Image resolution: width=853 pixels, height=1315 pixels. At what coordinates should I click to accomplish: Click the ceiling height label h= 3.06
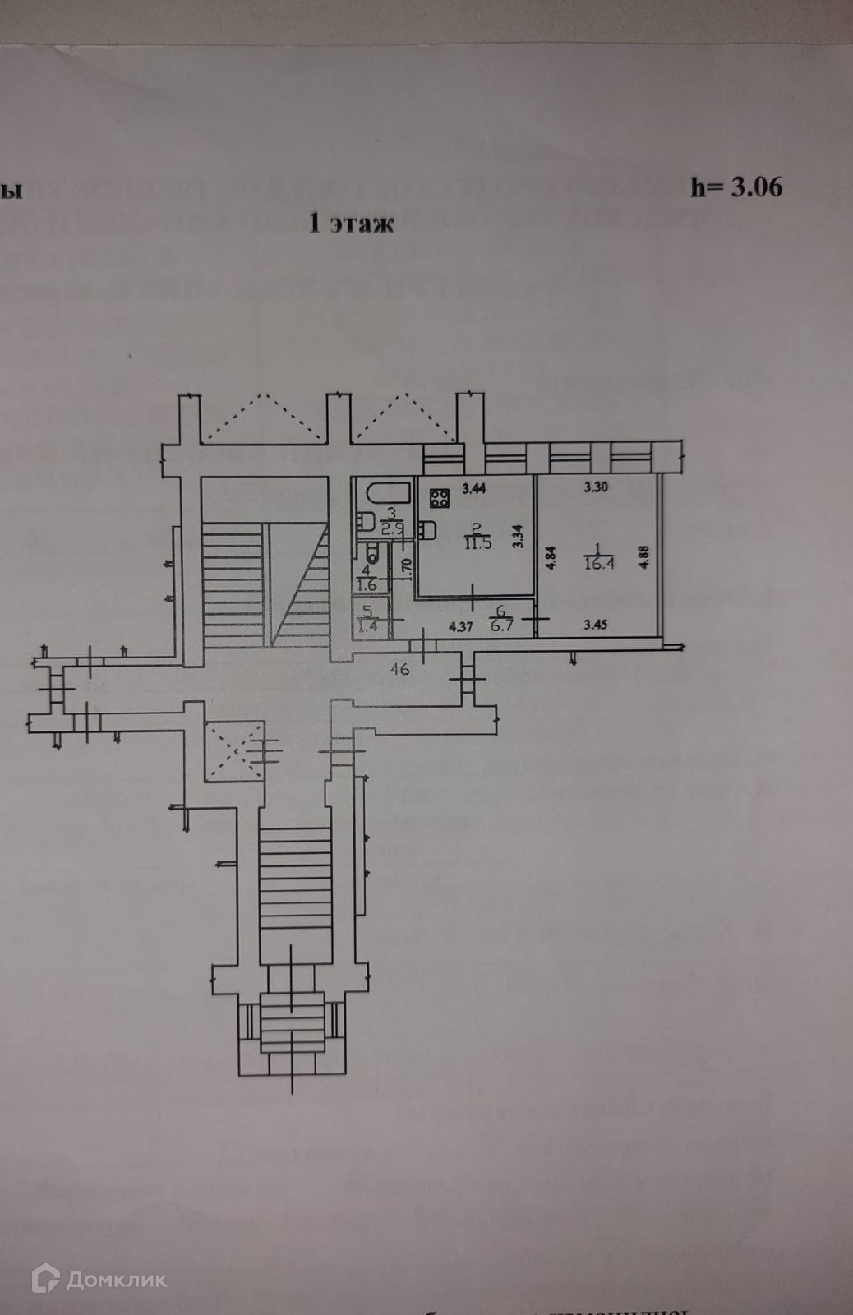coord(736,187)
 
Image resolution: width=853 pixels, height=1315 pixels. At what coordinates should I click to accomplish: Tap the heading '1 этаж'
coord(351,223)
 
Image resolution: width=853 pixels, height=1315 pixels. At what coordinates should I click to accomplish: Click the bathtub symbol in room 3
coord(387,495)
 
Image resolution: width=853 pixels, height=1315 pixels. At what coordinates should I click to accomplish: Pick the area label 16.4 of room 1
coord(596,565)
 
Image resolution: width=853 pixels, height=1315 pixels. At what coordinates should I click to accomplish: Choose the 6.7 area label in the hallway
coord(500,625)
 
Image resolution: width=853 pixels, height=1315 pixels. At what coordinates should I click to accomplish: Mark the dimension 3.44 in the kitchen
coord(474,489)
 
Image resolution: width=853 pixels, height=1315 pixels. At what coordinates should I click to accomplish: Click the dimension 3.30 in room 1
coord(595,487)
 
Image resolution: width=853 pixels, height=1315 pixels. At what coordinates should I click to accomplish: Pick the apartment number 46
coord(400,670)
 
